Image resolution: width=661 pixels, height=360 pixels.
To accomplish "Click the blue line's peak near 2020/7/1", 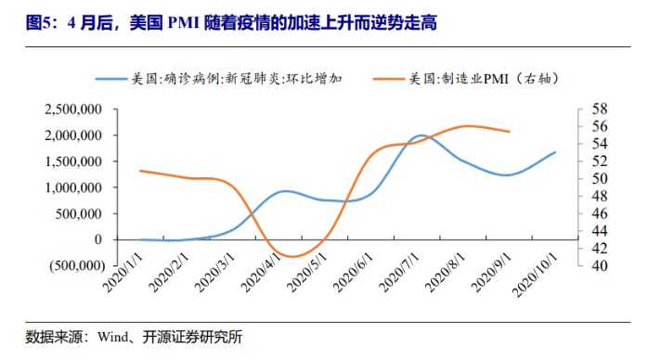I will (x=421, y=135).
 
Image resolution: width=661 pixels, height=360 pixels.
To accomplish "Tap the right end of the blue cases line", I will (x=556, y=152).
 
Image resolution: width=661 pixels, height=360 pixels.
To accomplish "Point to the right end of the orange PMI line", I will (x=510, y=132).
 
